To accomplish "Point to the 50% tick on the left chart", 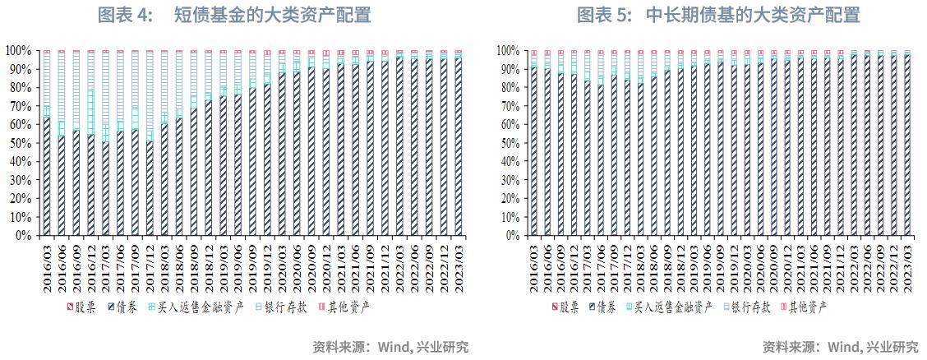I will (21, 143).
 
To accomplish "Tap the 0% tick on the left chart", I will (25, 236).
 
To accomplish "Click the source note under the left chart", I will (391, 346).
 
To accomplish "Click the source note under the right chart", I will (840, 346).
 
